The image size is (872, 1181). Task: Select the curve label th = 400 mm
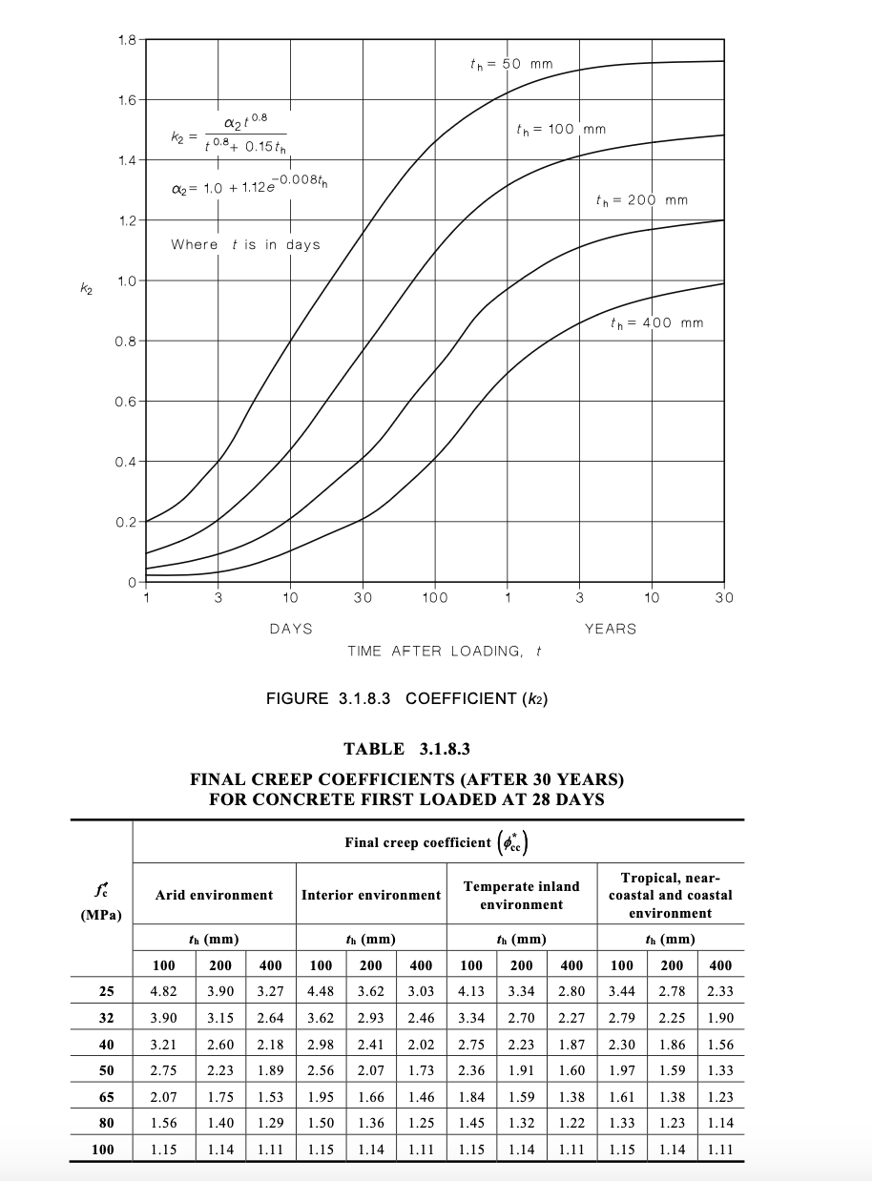point(656,322)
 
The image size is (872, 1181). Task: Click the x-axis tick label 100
point(435,598)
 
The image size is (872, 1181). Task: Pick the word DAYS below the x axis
point(290,629)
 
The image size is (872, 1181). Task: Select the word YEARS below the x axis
point(611,629)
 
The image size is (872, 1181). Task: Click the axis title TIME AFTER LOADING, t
point(445,652)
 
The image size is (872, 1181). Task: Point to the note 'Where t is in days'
point(245,244)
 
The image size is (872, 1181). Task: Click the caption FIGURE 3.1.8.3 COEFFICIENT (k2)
point(406,698)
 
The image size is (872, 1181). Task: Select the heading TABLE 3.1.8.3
point(406,749)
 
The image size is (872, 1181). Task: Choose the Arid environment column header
point(214,895)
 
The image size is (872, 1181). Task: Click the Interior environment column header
point(371,895)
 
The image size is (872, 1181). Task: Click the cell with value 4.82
point(164,991)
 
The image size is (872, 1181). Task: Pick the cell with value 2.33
point(720,991)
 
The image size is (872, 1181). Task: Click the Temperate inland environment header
point(521,895)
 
